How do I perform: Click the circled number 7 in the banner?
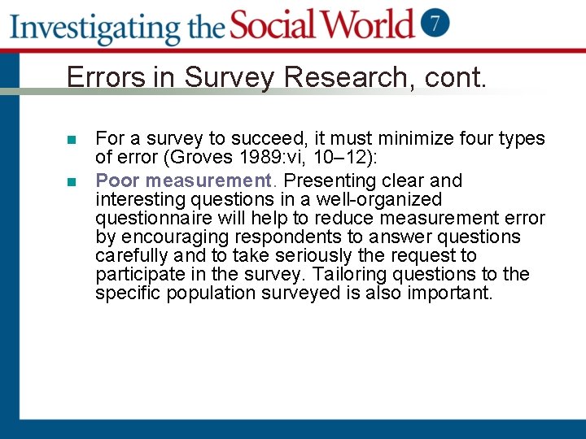click(436, 22)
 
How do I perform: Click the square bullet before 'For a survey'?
click(71, 140)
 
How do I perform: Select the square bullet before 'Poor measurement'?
click(71, 181)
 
